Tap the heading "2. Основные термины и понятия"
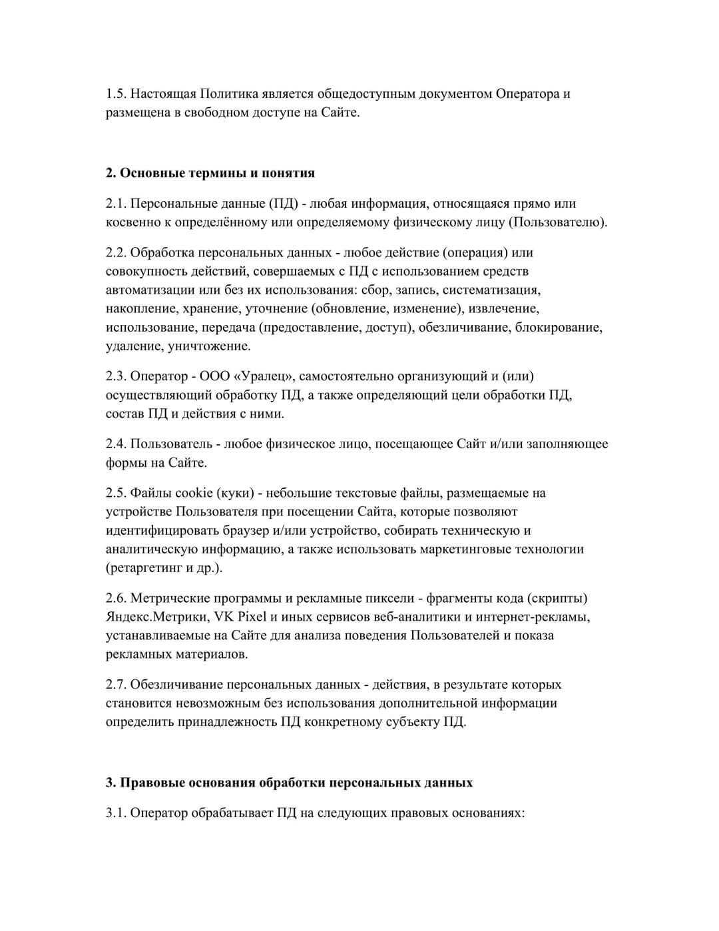tap(210, 173)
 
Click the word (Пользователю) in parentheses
tap(558, 222)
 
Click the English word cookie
tap(194, 493)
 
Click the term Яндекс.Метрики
tap(157, 617)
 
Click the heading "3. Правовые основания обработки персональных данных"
tap(289, 782)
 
